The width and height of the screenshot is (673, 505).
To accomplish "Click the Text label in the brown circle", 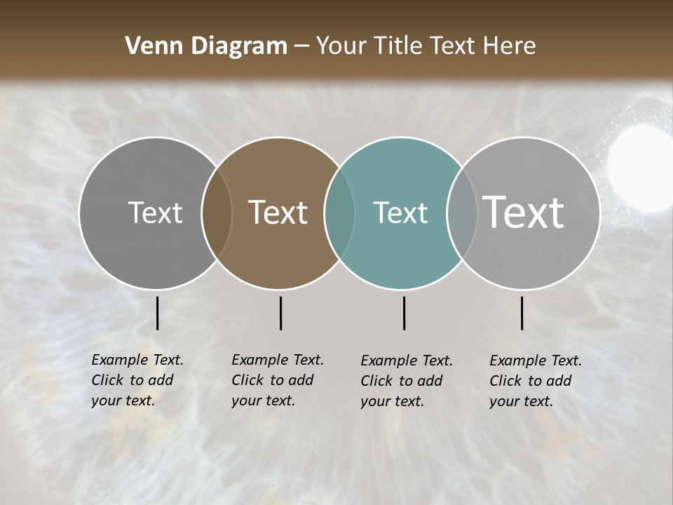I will (x=278, y=213).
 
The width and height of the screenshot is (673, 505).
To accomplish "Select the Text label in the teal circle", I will (x=400, y=213).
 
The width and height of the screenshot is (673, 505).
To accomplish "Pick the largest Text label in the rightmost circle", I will (x=524, y=213).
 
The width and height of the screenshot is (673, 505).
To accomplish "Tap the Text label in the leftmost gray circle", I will (x=155, y=213).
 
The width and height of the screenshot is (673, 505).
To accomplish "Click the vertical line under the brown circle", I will (x=280, y=313).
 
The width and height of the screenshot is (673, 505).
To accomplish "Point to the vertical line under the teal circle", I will (x=404, y=313).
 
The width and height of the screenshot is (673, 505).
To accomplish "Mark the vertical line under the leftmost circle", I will (x=157, y=313).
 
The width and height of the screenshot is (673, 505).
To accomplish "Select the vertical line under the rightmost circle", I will (x=522, y=313).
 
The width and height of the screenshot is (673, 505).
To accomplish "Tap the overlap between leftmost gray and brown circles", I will (x=217, y=213).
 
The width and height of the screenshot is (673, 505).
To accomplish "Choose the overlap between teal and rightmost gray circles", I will (x=462, y=213).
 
